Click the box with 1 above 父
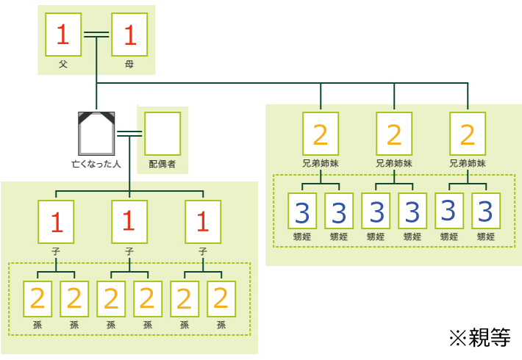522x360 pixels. [63, 35]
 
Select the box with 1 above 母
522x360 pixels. [129, 35]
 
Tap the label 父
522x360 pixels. [63, 64]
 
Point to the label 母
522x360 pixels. [129, 64]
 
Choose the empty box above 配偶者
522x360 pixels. [162, 133]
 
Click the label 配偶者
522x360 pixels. [162, 163]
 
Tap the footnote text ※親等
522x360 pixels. [479, 337]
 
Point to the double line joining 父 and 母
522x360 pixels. [96, 34]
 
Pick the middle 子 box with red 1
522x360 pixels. [129, 221]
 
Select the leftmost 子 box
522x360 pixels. [56, 221]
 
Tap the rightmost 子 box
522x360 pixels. [203, 221]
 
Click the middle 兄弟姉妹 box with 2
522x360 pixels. [394, 133]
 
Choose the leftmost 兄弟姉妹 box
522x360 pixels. [321, 133]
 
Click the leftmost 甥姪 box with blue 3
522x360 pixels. [302, 212]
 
